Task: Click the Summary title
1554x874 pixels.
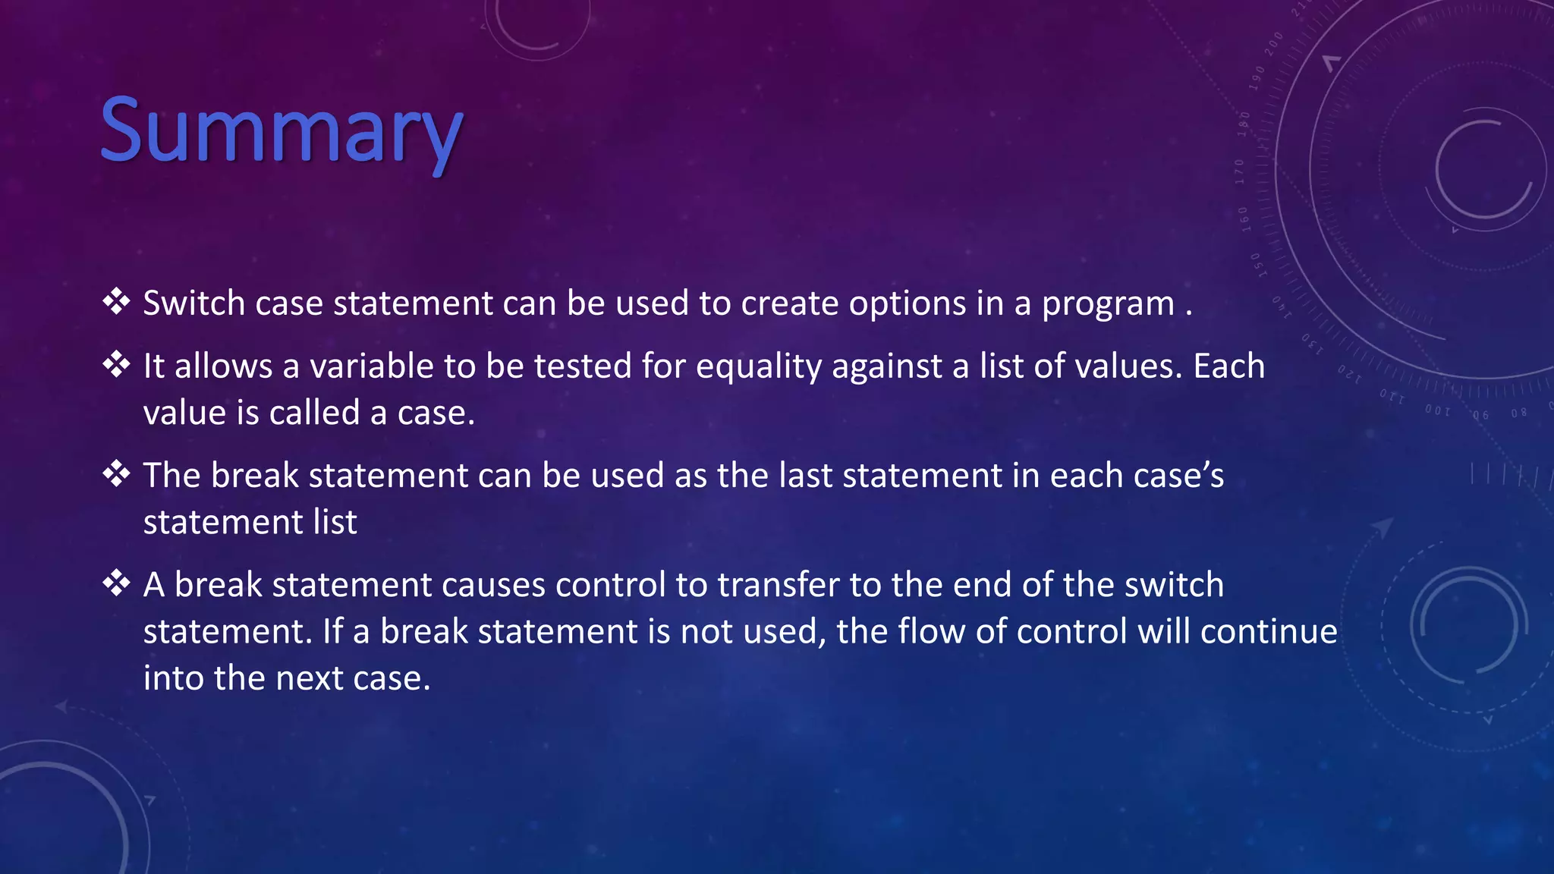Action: click(281, 130)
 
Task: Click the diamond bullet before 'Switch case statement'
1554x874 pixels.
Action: click(116, 301)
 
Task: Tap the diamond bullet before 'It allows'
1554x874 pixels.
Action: click(116, 364)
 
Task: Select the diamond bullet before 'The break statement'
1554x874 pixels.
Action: click(116, 473)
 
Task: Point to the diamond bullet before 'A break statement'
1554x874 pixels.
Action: click(116, 583)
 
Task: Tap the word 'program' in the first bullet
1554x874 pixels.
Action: click(1108, 305)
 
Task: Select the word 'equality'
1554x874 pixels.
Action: click(758, 367)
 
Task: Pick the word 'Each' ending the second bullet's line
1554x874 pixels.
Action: click(1228, 366)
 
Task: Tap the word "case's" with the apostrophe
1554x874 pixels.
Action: click(1178, 476)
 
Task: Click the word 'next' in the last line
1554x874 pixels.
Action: click(310, 678)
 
